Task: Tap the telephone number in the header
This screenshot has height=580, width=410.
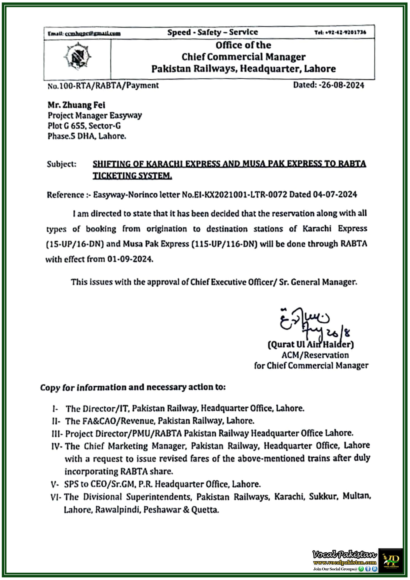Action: pos(340,32)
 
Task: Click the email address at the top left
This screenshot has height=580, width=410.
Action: pos(84,34)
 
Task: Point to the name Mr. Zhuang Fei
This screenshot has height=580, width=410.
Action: pos(77,105)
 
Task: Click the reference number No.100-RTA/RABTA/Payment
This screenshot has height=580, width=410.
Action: pos(103,86)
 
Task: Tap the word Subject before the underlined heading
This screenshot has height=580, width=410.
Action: pos(61,164)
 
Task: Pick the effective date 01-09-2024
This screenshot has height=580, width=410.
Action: pos(130,259)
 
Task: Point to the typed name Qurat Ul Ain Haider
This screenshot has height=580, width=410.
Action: pos(311,345)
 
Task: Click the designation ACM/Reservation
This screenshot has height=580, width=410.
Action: pos(315,355)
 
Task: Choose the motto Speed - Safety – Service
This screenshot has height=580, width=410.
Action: pos(212,32)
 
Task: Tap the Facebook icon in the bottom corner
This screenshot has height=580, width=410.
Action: pos(368,569)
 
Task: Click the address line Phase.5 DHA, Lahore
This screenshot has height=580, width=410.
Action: pos(87,136)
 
